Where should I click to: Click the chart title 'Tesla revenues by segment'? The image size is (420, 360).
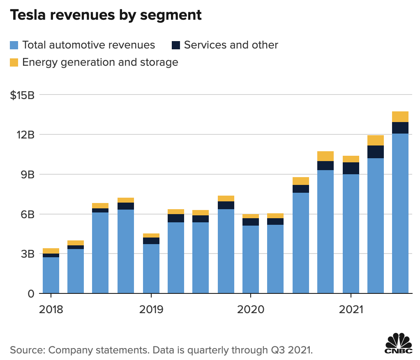(x=106, y=15)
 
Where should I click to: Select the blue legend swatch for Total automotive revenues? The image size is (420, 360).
(x=14, y=45)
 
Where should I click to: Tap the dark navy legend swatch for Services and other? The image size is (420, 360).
(x=176, y=45)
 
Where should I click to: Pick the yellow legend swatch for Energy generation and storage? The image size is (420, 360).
(x=14, y=62)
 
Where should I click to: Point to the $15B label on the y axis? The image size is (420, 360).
(x=23, y=95)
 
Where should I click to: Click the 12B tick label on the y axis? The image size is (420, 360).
(x=26, y=135)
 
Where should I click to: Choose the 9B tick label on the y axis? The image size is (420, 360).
(x=28, y=175)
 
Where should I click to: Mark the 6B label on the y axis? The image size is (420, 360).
(x=28, y=215)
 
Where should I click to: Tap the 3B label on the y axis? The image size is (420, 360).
(x=28, y=254)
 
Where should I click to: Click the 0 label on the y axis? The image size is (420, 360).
(x=31, y=294)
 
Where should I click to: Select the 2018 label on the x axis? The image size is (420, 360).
(x=51, y=309)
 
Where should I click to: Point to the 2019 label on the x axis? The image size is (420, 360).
(x=151, y=309)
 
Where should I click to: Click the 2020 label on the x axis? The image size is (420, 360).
(x=251, y=309)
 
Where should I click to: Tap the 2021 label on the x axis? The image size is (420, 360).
(x=351, y=309)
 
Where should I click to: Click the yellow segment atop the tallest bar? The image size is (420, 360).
(x=400, y=117)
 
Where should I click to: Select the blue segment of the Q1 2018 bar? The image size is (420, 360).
(x=51, y=275)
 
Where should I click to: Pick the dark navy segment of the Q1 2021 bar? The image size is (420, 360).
(x=351, y=168)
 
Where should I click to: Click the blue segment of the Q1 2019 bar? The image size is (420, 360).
(x=151, y=269)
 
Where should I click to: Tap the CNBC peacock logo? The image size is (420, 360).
(x=398, y=343)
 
